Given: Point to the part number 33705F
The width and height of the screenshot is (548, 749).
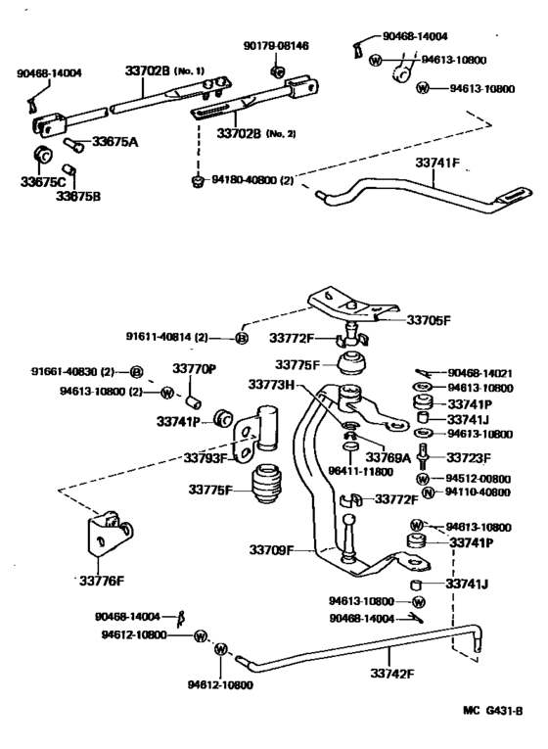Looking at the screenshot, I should click(432, 319).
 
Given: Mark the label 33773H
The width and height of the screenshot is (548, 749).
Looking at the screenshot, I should click(271, 385).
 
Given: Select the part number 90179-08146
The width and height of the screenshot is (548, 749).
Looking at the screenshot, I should click(276, 45).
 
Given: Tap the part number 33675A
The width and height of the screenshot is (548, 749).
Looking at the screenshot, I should click(115, 142).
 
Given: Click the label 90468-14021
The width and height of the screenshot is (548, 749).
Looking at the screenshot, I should click(480, 372).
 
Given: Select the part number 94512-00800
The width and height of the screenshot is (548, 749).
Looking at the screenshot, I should click(480, 479).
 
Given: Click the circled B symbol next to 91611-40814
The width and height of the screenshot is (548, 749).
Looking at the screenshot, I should click(243, 338).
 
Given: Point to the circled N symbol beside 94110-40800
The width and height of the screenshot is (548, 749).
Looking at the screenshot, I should click(427, 492).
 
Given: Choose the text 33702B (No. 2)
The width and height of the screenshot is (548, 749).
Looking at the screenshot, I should click(256, 132).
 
